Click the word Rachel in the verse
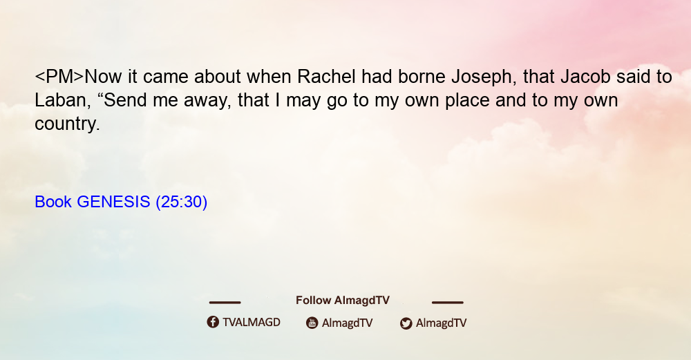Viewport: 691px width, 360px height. (326, 77)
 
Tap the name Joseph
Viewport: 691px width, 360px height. (484, 78)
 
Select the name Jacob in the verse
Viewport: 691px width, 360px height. (585, 77)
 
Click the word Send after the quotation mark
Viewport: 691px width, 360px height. (124, 100)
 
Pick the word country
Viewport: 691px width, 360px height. (67, 124)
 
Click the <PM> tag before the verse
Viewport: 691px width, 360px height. (59, 77)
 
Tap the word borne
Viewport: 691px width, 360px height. (422, 77)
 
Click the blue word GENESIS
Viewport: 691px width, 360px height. (113, 202)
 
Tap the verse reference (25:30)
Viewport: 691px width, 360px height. (182, 202)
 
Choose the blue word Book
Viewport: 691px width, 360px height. (53, 202)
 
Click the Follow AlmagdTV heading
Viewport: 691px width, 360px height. (343, 301)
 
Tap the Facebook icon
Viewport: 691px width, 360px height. (213, 322)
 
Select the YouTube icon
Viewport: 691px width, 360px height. (312, 323)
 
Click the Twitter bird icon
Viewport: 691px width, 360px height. (406, 323)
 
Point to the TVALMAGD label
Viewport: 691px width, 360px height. (252, 322)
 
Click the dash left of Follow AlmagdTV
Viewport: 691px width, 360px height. (225, 302)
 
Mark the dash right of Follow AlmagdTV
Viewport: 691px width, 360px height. (448, 302)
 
